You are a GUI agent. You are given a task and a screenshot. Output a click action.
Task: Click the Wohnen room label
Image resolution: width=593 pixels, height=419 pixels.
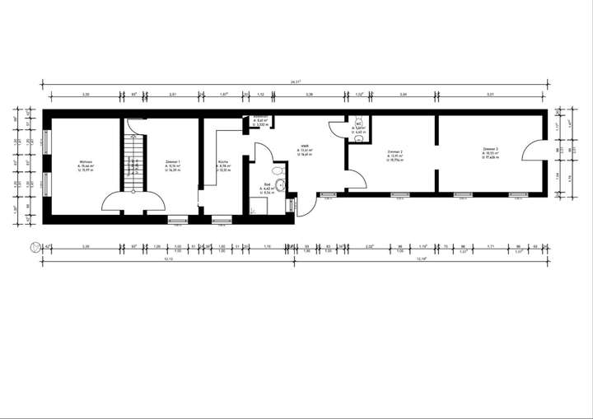coord(85,161)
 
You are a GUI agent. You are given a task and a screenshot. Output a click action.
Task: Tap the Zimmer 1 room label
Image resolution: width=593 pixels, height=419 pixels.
coord(173,161)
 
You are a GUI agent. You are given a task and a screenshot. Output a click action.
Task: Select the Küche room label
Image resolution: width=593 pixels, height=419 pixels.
coord(223,161)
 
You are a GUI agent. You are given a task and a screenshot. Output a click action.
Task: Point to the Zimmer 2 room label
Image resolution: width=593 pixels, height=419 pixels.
coord(394,152)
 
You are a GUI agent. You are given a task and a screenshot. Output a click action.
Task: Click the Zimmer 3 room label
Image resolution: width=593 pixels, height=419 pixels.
coord(491,149)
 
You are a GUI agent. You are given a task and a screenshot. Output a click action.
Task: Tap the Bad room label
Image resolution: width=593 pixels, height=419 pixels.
coord(268,184)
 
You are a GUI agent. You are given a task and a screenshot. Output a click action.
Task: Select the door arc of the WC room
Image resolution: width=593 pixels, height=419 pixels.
coord(338,132)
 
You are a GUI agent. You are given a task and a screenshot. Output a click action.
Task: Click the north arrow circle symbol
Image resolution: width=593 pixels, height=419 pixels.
coord(34,246)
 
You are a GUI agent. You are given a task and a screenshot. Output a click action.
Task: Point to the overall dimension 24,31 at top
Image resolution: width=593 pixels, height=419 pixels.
coord(296,81)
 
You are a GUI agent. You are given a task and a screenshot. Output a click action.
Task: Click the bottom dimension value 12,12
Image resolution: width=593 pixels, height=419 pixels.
coord(168,259)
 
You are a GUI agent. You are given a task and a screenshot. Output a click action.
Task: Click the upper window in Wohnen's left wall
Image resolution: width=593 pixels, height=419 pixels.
coord(46,140)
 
